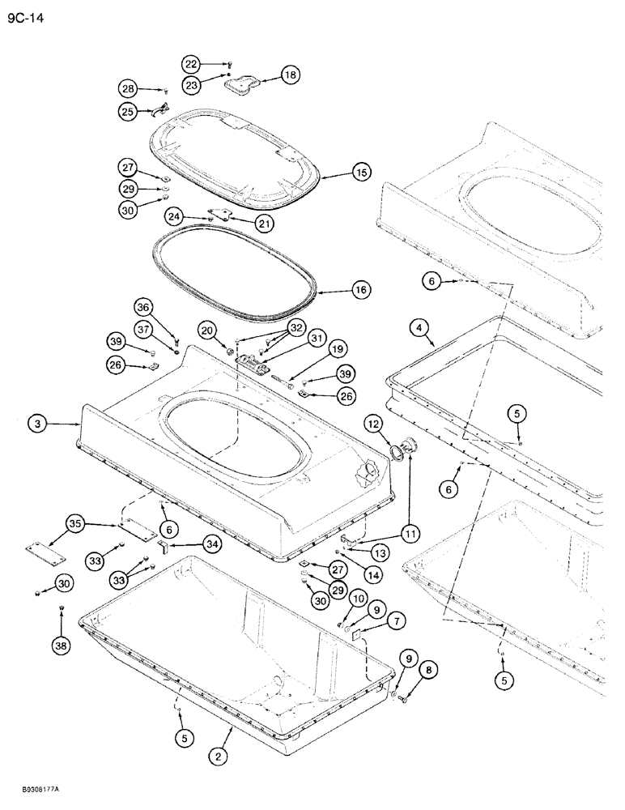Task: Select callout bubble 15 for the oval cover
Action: coord(359,172)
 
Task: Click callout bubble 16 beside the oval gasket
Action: coord(359,289)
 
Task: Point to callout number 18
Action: coord(289,75)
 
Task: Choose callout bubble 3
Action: coord(36,422)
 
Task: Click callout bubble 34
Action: coord(191,544)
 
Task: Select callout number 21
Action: coord(266,223)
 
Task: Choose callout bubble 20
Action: coord(206,330)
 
